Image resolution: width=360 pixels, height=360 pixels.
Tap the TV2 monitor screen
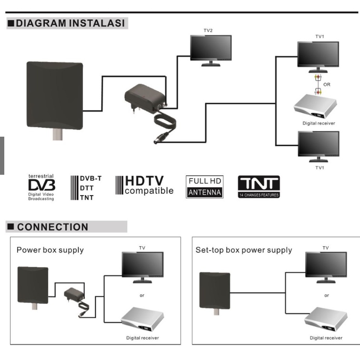pos(210,47)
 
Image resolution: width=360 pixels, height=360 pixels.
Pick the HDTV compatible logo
pos(144,186)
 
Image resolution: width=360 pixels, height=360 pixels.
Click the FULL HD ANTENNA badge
pos(204,187)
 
